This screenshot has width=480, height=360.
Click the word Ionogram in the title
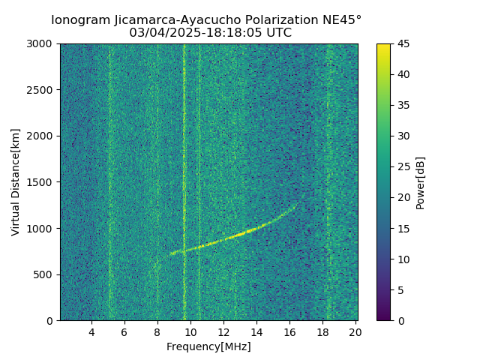[75, 19]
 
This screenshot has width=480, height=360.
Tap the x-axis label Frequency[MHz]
[208, 346]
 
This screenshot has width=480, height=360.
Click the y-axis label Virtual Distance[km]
[16, 182]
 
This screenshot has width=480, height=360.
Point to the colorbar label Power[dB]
[421, 182]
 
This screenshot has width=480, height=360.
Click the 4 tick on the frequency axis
[91, 331]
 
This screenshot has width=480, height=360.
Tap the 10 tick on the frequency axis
[190, 331]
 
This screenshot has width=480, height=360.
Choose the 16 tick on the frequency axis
[289, 331]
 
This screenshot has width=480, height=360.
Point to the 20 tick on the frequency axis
[355, 331]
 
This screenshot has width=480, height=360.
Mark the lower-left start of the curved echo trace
[171, 254]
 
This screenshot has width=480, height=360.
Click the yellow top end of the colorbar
[383, 46]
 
